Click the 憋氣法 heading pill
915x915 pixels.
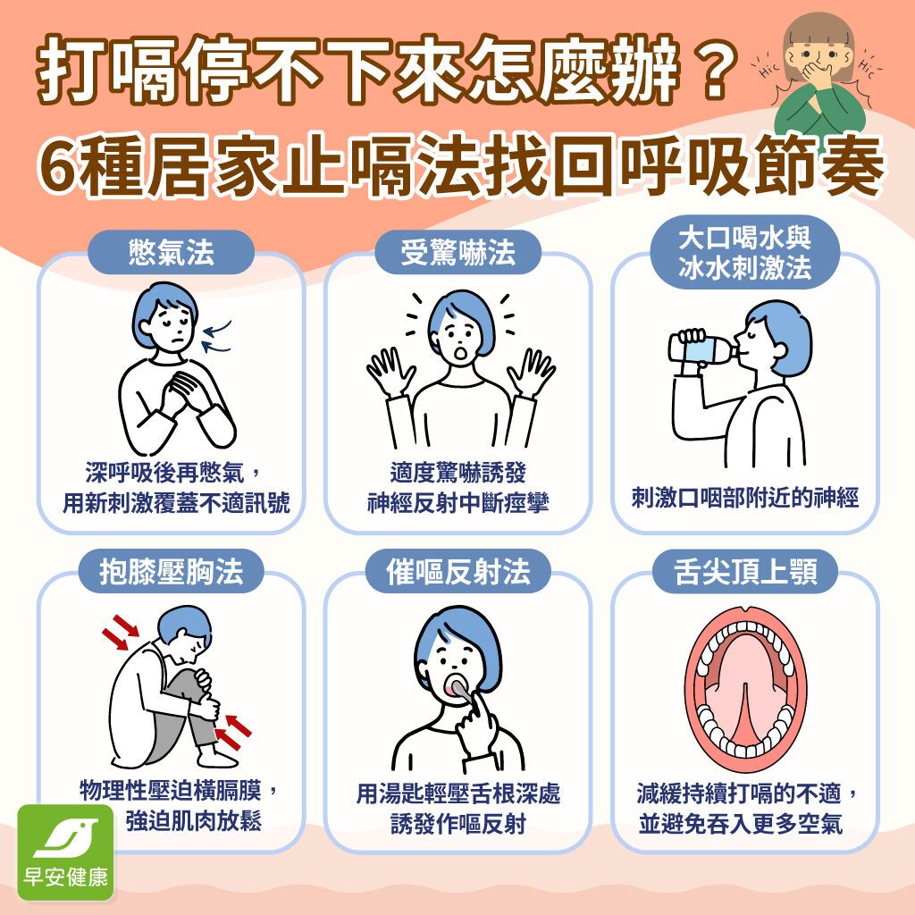[171, 253]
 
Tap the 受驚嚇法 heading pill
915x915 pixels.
[457, 253]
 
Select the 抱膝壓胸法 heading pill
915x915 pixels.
[171, 571]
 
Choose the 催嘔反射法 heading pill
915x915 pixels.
[457, 571]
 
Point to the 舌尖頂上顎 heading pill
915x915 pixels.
[744, 571]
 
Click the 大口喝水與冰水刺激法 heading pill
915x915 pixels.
[744, 253]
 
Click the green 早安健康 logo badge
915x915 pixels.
[65, 852]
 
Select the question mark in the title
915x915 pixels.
[715, 69]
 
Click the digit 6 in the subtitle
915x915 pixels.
[59, 165]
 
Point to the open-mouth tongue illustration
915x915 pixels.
[745, 689]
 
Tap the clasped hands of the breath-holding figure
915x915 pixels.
[183, 393]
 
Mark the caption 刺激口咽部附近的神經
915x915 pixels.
[745, 498]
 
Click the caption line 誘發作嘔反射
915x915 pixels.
[458, 823]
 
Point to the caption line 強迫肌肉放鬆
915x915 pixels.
[194, 821]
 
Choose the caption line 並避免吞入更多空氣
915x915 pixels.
[741, 823]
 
